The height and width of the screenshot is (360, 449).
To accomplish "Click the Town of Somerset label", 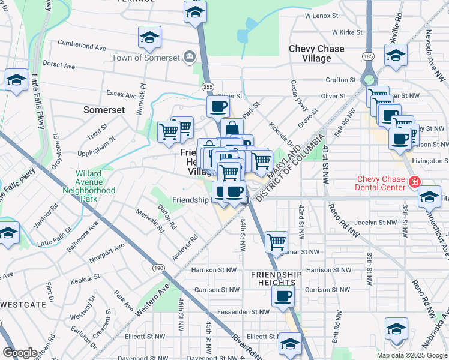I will (146, 58).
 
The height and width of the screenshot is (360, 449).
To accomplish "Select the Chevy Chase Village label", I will (316, 53).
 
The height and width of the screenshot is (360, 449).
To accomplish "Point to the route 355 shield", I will (208, 87).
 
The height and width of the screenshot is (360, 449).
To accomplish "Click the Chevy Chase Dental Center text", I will (382, 184).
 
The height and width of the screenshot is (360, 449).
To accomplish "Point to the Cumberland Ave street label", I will (82, 46).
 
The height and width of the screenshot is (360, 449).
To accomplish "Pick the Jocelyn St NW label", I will (376, 222).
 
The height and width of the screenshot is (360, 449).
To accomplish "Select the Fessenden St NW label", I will (244, 312).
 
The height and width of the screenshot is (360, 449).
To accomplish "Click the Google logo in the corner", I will (19, 353).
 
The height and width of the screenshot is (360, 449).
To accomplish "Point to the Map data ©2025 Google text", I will (412, 355).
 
